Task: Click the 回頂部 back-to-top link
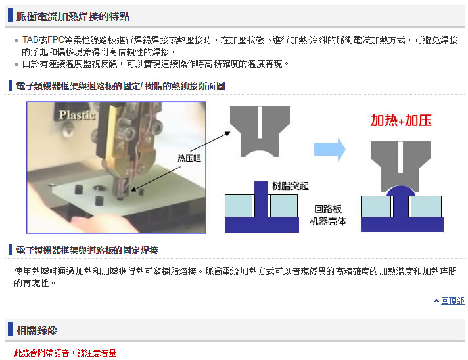click(x=452, y=301)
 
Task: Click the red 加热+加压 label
click(x=401, y=120)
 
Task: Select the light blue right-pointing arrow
click(x=330, y=149)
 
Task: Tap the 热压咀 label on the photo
click(x=189, y=158)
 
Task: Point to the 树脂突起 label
click(x=290, y=186)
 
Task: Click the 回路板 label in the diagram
click(x=328, y=209)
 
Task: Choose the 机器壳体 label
click(x=328, y=221)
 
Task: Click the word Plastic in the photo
click(x=77, y=115)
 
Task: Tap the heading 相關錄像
click(x=37, y=330)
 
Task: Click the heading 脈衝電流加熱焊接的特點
click(x=72, y=16)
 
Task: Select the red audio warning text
click(x=65, y=353)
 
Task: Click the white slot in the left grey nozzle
click(x=260, y=123)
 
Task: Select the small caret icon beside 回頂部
click(x=436, y=301)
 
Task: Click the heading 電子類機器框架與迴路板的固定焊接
click(x=87, y=250)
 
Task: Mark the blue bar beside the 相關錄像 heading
click(x=11, y=329)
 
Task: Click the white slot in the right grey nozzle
click(x=400, y=157)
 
